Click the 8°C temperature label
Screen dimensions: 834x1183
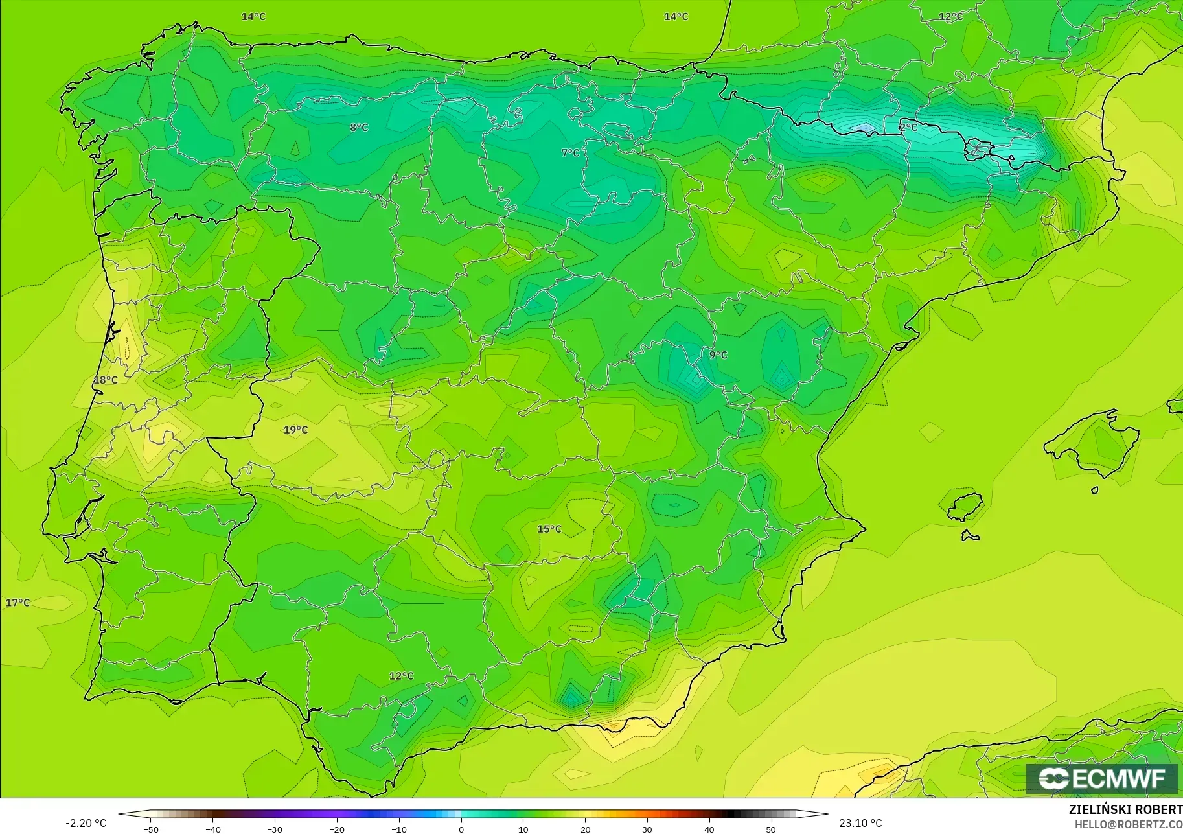point(359,128)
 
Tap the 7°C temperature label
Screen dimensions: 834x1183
point(570,153)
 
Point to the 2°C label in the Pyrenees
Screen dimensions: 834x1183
point(908,128)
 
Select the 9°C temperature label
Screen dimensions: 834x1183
point(718,355)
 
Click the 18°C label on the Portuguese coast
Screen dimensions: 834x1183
point(106,380)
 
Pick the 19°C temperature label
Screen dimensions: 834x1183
point(295,430)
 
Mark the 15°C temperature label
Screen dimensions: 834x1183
point(549,529)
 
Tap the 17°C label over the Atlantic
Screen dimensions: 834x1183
point(17,603)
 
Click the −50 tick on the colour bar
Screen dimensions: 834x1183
point(150,829)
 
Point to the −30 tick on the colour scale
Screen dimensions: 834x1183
point(274,829)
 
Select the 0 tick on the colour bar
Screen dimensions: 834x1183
point(461,829)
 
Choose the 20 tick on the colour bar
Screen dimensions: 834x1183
point(586,829)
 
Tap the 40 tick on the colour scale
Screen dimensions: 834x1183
point(709,829)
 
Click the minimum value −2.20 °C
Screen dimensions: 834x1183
point(86,823)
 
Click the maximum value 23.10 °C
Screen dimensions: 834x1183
point(860,823)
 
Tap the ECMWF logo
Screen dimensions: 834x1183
point(1101,779)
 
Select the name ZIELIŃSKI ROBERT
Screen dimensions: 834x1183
point(1125,810)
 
